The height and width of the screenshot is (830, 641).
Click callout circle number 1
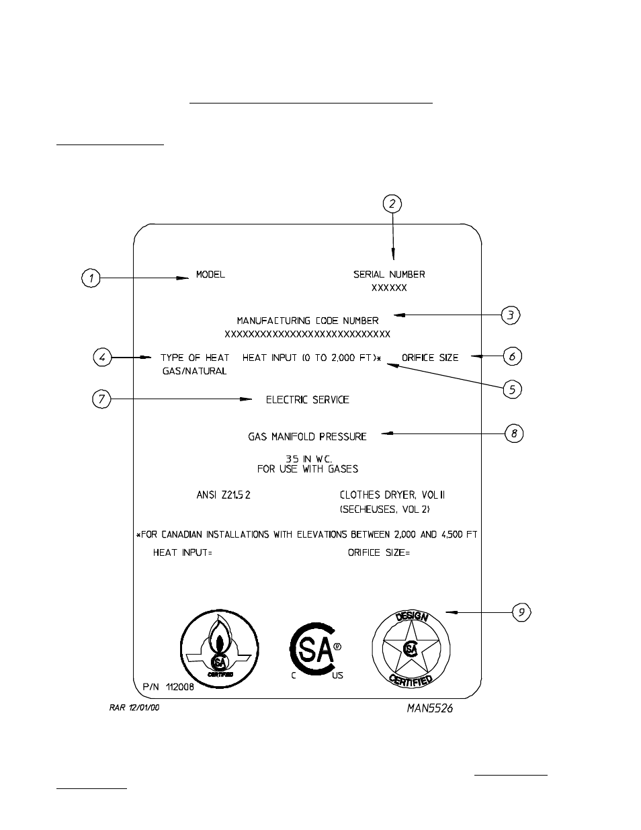coord(91,278)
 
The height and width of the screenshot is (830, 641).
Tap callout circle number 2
coord(392,204)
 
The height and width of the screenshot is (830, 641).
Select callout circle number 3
coord(511,315)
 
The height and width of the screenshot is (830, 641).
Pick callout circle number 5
coord(512,390)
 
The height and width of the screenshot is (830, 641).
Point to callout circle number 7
coord(101,399)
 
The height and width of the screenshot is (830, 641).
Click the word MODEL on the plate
coord(210,274)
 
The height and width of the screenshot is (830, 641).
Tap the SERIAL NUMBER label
coord(389,274)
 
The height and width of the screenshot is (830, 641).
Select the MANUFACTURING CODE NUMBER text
coord(308,321)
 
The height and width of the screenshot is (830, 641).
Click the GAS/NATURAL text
coord(195,371)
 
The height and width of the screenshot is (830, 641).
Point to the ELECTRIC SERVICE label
coord(308,399)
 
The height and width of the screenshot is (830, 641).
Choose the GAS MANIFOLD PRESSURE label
coord(308,436)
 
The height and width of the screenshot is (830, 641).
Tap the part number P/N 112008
coord(168,688)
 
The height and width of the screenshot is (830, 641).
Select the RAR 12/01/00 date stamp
coord(134,708)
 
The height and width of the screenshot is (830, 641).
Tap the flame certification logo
coord(216,649)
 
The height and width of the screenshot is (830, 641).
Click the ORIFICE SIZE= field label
coord(379,552)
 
